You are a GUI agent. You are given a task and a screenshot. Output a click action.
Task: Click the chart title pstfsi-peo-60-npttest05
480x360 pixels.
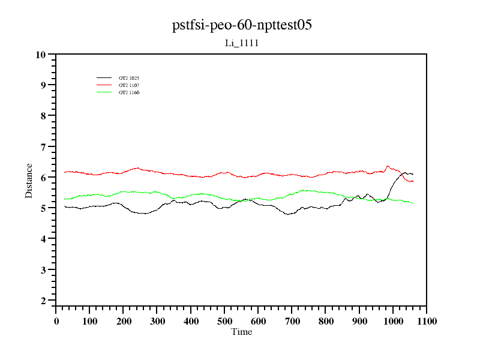click(242, 25)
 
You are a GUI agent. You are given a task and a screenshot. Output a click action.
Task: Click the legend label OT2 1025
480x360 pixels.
click(129, 78)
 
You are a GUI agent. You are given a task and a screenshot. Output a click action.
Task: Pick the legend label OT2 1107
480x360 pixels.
click(129, 85)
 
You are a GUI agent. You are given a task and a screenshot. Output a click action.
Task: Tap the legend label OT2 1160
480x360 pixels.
click(129, 92)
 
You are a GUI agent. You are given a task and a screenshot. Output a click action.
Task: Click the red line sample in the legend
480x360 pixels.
click(104, 85)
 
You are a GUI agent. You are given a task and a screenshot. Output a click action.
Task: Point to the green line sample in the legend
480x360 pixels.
click(104, 92)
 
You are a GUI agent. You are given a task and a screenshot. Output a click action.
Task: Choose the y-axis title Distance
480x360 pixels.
click(29, 180)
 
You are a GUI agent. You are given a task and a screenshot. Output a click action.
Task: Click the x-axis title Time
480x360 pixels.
click(242, 332)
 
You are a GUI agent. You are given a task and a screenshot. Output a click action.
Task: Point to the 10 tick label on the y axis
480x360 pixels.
click(41, 55)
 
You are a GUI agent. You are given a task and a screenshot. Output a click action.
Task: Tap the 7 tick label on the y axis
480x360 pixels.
click(43, 147)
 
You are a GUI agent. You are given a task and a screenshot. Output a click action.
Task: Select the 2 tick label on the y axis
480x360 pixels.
click(43, 301)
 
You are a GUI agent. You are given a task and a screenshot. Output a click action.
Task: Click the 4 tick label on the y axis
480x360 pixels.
click(43, 239)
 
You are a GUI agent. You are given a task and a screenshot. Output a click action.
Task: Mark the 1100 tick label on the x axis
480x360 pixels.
click(427, 321)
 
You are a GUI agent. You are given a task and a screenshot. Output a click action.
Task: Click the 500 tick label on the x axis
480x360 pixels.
click(224, 321)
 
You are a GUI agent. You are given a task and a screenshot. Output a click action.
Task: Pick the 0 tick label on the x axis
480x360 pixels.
click(56, 321)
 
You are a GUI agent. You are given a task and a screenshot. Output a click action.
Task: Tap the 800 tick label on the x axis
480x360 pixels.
click(326, 321)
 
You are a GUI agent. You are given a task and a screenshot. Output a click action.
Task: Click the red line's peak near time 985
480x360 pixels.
click(388, 166)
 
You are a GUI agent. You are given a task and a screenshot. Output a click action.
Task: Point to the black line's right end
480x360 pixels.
click(413, 174)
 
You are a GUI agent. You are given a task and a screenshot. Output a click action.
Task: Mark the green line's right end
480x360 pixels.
click(413, 203)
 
